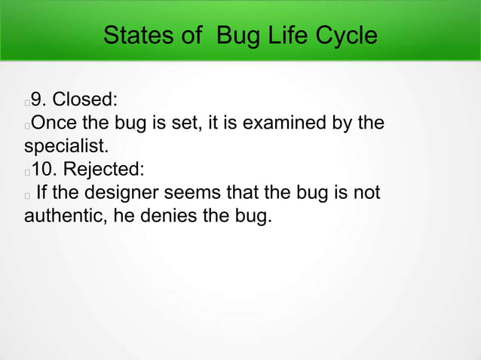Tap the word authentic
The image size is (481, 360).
point(61,218)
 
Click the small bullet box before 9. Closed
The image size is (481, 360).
point(27,100)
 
